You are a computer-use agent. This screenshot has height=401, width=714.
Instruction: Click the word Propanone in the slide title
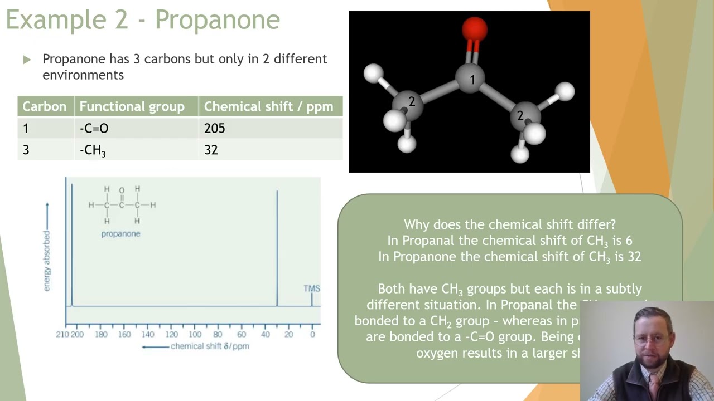[217, 21]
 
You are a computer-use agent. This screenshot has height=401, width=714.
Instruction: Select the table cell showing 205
[214, 129]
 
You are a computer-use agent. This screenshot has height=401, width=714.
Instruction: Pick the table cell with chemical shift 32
[211, 150]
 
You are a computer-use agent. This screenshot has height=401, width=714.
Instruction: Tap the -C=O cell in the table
[94, 129]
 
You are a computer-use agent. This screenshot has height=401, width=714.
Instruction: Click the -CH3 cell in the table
[92, 150]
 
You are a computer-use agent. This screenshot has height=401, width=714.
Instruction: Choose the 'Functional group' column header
[132, 106]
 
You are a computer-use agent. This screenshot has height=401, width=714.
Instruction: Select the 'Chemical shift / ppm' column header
[268, 106]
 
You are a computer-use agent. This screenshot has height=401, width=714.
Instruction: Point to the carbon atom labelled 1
[472, 80]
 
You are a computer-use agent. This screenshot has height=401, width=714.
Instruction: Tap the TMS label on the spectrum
[312, 288]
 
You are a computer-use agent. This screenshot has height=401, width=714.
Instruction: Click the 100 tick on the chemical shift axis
[195, 335]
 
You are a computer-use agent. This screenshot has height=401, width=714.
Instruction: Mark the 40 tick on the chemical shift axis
[265, 335]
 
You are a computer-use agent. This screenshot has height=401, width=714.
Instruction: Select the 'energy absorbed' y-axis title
[47, 261]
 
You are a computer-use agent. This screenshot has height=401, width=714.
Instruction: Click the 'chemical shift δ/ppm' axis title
[210, 346]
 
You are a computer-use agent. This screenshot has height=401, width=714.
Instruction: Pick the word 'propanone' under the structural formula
[120, 234]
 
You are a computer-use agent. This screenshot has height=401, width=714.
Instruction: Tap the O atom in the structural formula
[122, 190]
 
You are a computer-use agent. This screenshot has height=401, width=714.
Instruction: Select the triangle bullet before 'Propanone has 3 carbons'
[27, 60]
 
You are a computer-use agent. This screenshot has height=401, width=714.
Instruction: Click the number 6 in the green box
[629, 241]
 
